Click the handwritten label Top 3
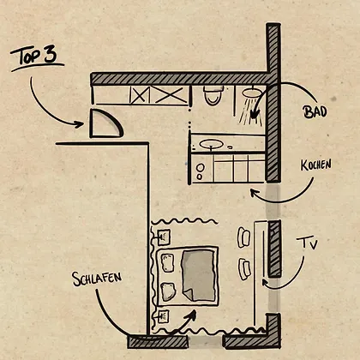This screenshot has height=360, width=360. click(34, 57)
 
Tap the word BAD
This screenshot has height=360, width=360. click(315, 111)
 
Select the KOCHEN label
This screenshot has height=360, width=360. click(316, 165)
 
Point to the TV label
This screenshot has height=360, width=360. click(307, 243)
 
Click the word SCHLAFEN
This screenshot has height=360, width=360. click(97, 279)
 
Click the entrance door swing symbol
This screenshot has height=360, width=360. click(106, 123)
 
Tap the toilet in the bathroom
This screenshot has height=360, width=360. click(213, 95)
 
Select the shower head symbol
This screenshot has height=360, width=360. click(253, 93)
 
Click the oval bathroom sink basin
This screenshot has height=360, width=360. click(211, 144)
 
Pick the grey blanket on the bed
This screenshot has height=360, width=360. click(199, 275)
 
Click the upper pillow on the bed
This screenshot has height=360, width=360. click(168, 262)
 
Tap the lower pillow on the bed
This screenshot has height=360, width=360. click(168, 291)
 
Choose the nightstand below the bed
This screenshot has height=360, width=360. click(163, 316)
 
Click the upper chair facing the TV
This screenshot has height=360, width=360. click(243, 237)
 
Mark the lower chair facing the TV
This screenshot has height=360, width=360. click(244, 269)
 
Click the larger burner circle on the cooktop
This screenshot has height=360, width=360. click(201, 168)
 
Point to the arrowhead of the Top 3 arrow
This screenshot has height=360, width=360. click(79, 124)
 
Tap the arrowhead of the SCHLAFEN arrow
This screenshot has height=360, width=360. click(192, 315)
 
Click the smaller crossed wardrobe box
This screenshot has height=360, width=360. click(140, 94)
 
